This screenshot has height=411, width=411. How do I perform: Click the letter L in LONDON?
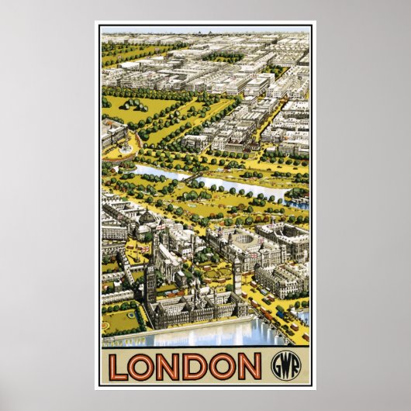tap(119, 366)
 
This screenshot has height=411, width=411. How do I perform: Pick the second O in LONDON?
tap(224, 366)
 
